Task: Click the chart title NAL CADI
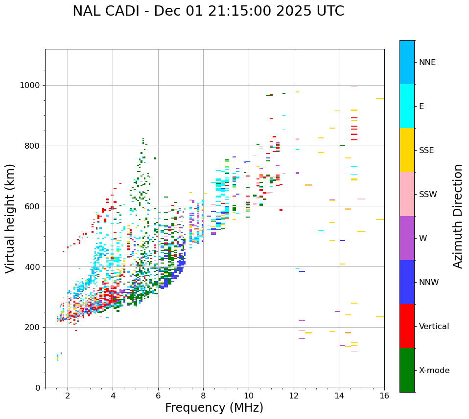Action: (x=208, y=11)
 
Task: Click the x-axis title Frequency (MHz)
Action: (x=214, y=408)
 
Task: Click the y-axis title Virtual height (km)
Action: (x=10, y=219)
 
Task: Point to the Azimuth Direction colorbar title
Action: (x=458, y=216)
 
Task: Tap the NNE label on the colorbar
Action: (x=427, y=63)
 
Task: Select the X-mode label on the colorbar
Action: (x=434, y=371)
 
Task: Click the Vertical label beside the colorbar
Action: (x=434, y=327)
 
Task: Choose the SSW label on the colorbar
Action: (x=428, y=195)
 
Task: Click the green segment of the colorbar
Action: (x=407, y=370)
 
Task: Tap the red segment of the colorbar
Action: (x=407, y=326)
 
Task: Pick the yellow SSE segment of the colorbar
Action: (x=407, y=150)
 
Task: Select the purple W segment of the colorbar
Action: (x=407, y=238)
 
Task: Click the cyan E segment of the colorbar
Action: (x=407, y=106)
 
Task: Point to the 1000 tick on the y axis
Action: (x=31, y=86)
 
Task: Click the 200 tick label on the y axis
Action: (x=33, y=327)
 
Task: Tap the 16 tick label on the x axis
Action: (x=384, y=396)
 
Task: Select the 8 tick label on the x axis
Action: (x=203, y=396)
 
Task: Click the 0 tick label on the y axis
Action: (x=38, y=388)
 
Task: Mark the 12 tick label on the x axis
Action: (x=294, y=396)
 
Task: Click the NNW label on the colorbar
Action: (x=429, y=283)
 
